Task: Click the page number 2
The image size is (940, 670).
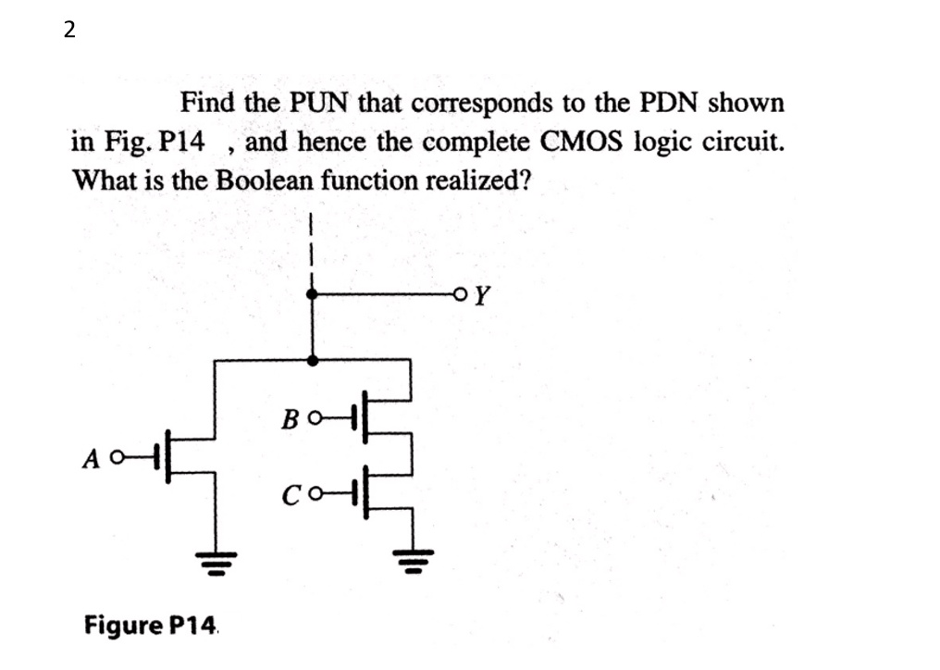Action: [x=68, y=31]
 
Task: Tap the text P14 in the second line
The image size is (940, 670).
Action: [x=183, y=143]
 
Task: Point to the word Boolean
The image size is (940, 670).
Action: [x=266, y=180]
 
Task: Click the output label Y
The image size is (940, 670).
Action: [x=483, y=296]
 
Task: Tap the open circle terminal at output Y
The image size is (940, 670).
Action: [x=462, y=295]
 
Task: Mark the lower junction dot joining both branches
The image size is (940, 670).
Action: [x=314, y=360]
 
